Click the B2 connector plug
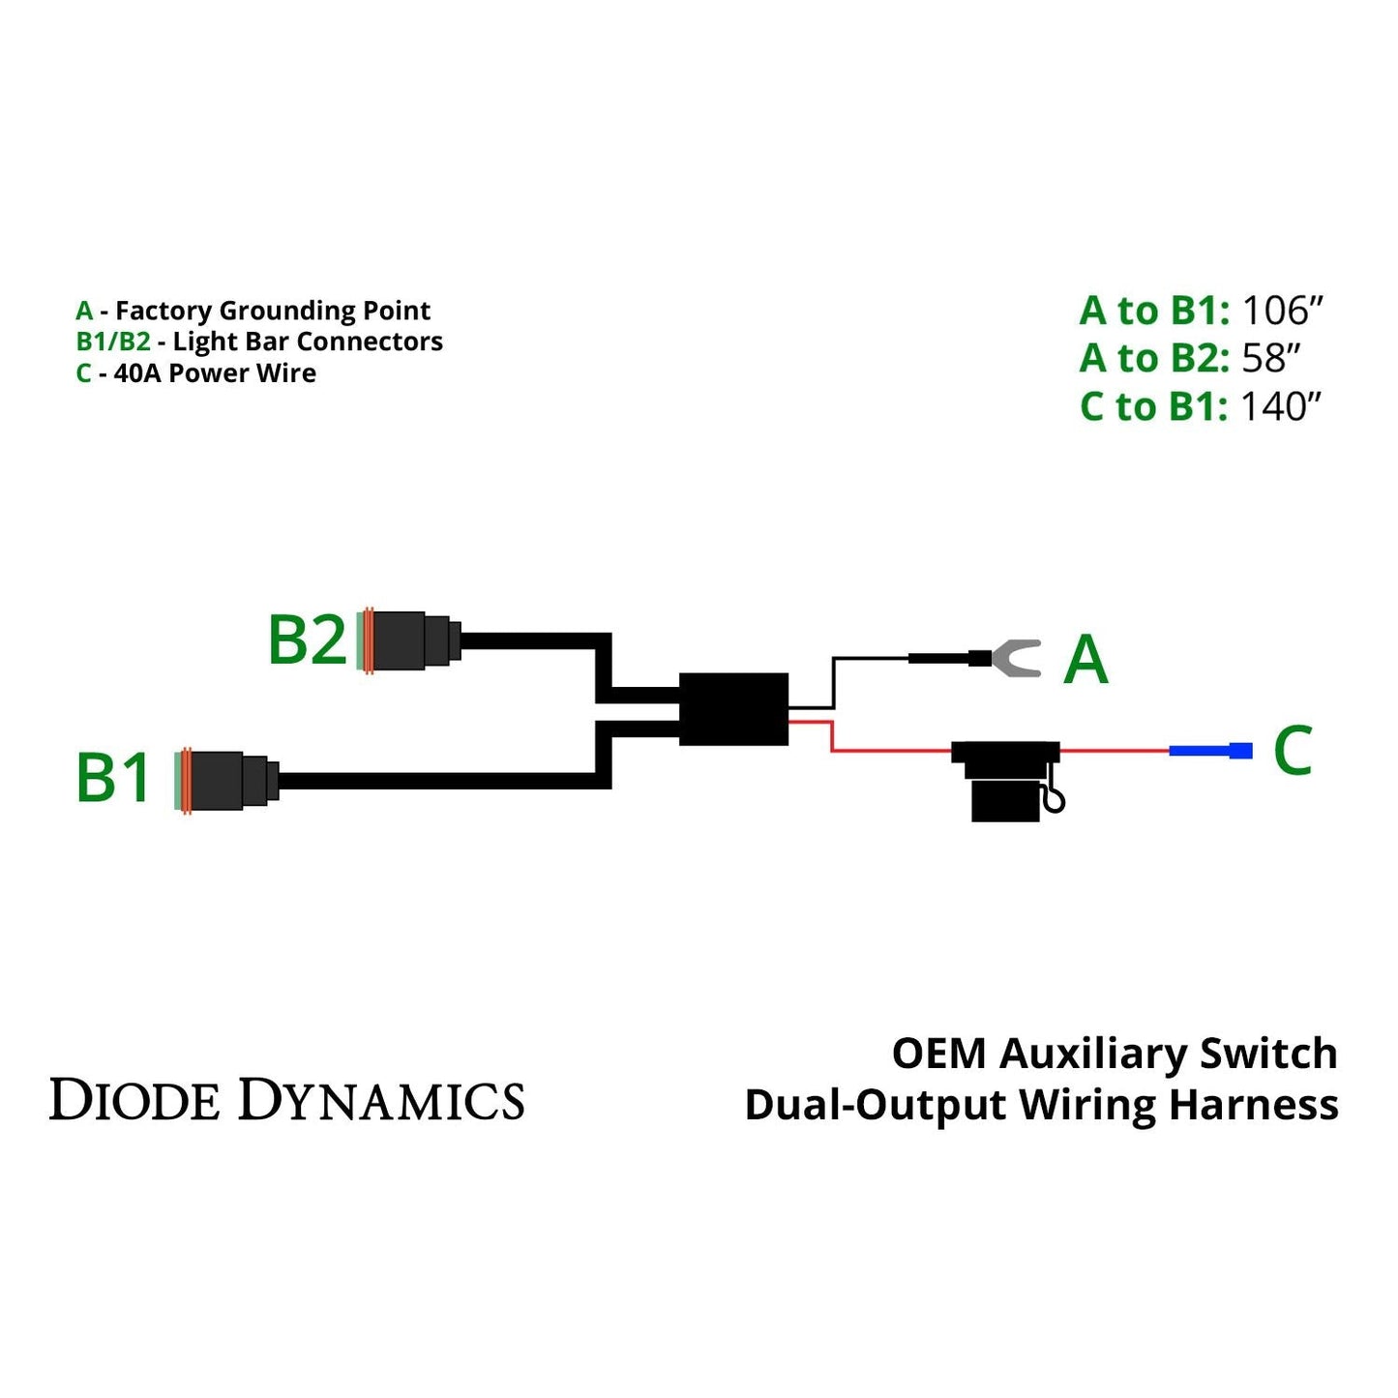pyautogui.click(x=411, y=640)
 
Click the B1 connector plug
pyautogui.click(x=228, y=780)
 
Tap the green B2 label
pyautogui.click(x=307, y=640)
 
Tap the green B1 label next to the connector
pyautogui.click(x=113, y=778)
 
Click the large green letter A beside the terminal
pyautogui.click(x=1086, y=661)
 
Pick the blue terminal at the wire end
pyautogui.click(x=1210, y=751)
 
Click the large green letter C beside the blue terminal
pyautogui.click(x=1293, y=751)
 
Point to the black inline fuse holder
pyautogui.click(x=1006, y=780)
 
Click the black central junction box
pyautogui.click(x=733, y=709)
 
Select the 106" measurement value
pyautogui.click(x=1281, y=312)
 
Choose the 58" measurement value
pyautogui.click(x=1270, y=359)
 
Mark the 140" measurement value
pyautogui.click(x=1280, y=407)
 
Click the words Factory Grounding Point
pyautogui.click(x=272, y=312)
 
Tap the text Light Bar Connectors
pyautogui.click(x=308, y=342)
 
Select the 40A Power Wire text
pyautogui.click(x=215, y=373)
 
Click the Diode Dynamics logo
pyautogui.click(x=286, y=1101)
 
